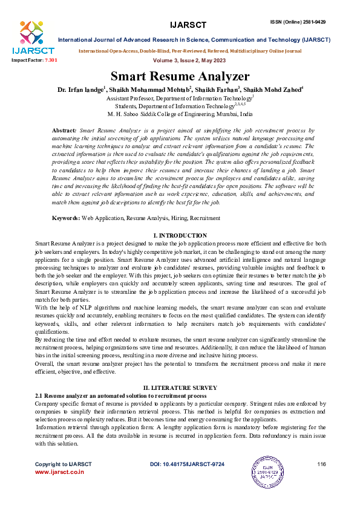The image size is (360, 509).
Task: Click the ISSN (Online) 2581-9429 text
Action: pos(298,22)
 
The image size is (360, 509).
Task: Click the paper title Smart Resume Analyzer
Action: pos(180,77)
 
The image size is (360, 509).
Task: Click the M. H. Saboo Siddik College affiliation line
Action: pos(180,114)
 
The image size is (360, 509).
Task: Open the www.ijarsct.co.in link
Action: pos(59,472)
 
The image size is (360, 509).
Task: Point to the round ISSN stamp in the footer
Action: pos(267,470)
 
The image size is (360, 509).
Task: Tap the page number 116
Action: pos(321,464)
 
